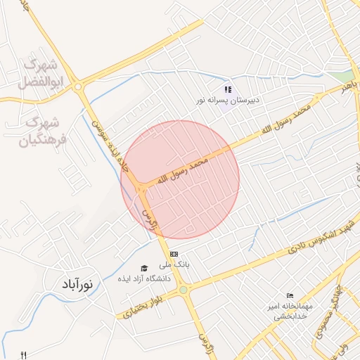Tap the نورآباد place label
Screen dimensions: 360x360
point(72,285)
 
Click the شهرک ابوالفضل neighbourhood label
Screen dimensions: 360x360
point(43,73)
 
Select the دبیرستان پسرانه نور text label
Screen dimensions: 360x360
point(228,101)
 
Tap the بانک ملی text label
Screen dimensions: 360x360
point(174,264)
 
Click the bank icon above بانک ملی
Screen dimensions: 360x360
point(174,254)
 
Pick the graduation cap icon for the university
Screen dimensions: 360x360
point(145,268)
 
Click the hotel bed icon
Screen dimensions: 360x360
point(290,296)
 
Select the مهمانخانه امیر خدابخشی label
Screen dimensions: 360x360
point(290,311)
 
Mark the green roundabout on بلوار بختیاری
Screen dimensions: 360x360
point(183,289)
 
